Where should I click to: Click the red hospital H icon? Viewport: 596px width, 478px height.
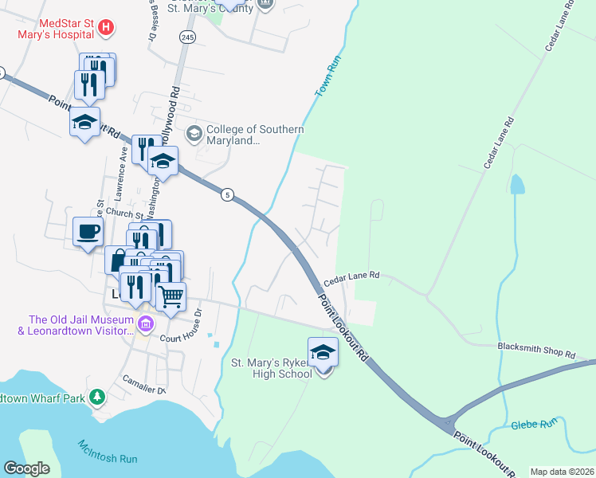coord(106,29)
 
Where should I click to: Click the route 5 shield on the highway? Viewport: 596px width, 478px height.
coord(228,195)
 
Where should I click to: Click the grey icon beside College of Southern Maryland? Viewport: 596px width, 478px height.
coord(194,131)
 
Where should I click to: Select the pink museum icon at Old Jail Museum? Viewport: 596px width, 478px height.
coord(145,324)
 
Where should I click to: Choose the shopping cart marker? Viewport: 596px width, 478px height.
coord(171,297)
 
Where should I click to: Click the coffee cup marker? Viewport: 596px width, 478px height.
coord(88,232)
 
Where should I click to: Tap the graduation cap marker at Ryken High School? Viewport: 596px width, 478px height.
coord(323,351)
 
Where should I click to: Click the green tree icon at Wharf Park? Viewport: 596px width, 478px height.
coord(97,396)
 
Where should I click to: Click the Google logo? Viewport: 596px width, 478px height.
coord(27,468)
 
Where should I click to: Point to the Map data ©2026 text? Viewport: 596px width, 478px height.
coord(562,472)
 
